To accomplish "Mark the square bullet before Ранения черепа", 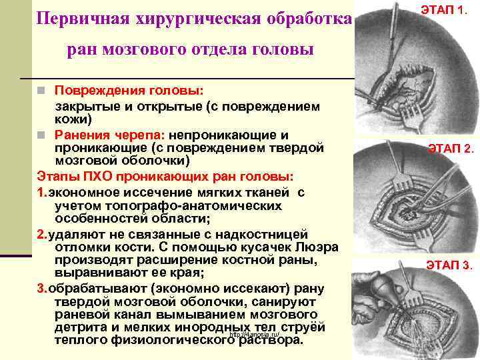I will pyautogui.click(x=41, y=134).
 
